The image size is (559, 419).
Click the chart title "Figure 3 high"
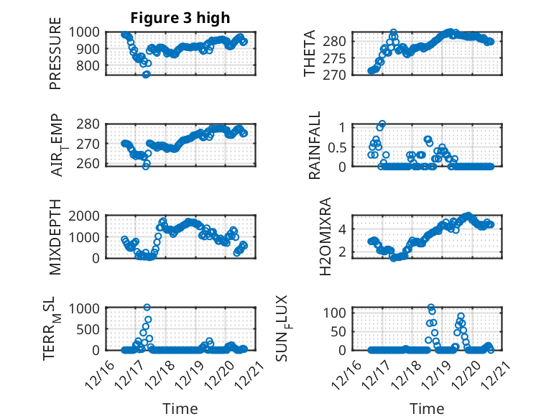180,18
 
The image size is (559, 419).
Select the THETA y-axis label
310,53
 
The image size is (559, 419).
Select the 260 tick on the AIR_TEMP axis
90,165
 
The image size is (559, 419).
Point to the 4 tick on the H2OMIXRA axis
345,229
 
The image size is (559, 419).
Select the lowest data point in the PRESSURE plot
146,74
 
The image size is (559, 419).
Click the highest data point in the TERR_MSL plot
147,308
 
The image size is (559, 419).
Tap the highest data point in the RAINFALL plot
382,124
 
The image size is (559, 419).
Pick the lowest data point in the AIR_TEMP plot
146,165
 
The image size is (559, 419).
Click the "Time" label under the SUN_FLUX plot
427,408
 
